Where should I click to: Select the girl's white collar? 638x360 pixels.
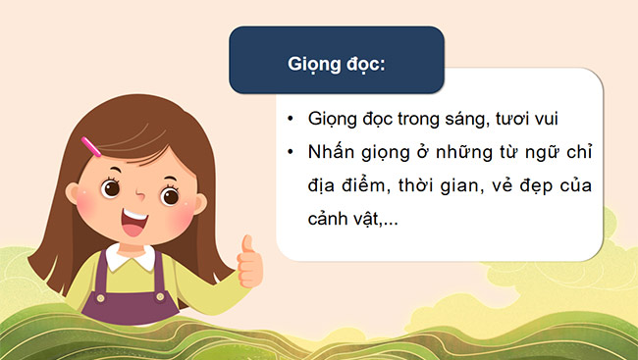pos(131,258)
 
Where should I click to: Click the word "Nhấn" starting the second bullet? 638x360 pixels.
pos(332,154)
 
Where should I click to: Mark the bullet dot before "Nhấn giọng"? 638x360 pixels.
pos(292,155)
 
